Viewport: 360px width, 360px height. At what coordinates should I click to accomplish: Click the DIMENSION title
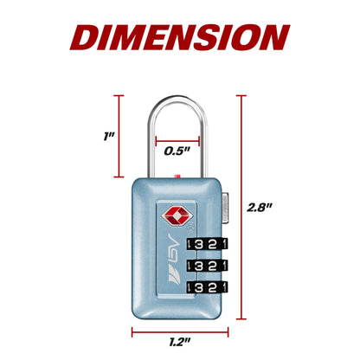pyautogui.click(x=180, y=38)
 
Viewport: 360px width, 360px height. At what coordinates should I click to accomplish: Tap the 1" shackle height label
pyautogui.click(x=109, y=136)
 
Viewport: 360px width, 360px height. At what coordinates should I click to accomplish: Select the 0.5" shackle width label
pyautogui.click(x=177, y=151)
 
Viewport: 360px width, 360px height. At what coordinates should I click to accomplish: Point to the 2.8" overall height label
pyautogui.click(x=260, y=208)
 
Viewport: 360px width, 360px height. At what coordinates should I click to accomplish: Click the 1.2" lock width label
pyautogui.click(x=180, y=343)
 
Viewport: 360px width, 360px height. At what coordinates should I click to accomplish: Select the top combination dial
pyautogui.click(x=207, y=244)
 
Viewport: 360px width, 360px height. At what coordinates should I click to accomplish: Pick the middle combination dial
pyautogui.click(x=207, y=266)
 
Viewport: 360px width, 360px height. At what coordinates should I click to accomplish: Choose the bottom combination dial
pyautogui.click(x=207, y=287)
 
